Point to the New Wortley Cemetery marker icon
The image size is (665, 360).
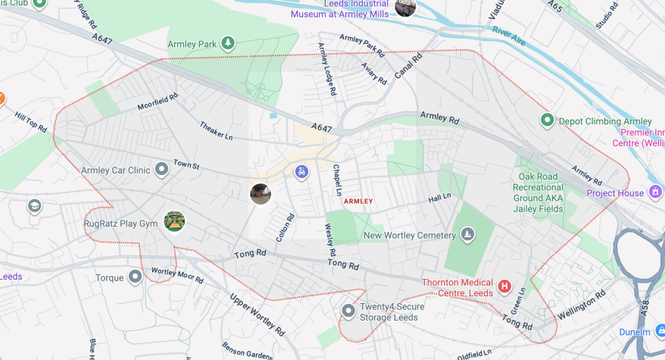point(467,235)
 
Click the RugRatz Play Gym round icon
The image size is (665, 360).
point(174,221)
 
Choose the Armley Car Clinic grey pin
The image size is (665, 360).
point(161,170)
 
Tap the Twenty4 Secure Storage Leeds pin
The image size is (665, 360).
point(348,311)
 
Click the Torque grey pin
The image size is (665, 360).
point(136,277)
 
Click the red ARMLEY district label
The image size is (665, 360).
point(358,202)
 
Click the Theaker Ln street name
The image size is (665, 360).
point(217,131)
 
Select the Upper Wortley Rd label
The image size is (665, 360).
point(258,315)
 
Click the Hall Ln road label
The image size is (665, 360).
point(439,197)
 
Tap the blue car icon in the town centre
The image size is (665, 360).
point(301,172)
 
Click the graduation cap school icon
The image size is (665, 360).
point(34,206)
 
